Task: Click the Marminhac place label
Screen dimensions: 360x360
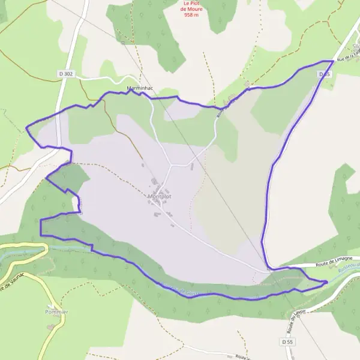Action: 140,88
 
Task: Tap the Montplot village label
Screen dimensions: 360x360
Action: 158,196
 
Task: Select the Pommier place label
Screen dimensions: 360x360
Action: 56,312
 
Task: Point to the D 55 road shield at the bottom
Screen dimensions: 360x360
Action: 287,341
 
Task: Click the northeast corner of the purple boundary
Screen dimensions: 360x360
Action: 333,61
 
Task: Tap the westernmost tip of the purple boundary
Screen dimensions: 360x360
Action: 26,127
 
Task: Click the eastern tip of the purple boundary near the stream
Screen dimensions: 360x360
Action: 327,281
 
